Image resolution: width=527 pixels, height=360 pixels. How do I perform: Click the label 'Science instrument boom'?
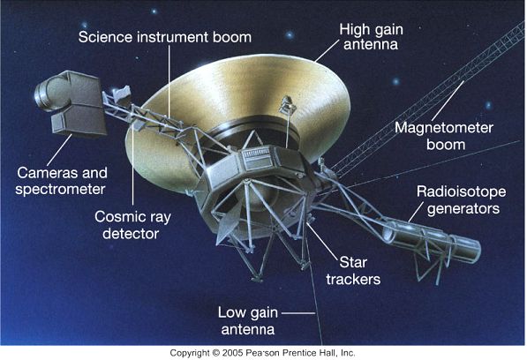[x=165, y=37]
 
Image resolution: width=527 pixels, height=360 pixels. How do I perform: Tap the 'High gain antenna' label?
[x=371, y=37]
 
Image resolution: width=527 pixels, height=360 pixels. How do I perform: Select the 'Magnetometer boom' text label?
[x=444, y=136]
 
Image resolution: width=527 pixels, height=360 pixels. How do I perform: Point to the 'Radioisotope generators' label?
[x=461, y=200]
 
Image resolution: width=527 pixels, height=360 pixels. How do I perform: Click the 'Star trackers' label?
[x=353, y=271]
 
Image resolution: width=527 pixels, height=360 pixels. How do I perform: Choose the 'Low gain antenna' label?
[x=248, y=320]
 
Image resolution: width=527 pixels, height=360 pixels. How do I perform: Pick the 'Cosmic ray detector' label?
[x=132, y=225]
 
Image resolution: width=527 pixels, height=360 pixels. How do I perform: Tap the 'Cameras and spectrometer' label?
[x=62, y=181]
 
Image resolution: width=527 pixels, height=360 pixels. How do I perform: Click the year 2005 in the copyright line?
[x=232, y=353]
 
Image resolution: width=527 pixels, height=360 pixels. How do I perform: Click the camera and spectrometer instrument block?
[x=72, y=102]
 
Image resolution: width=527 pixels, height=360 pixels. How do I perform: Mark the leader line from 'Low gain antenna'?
[x=298, y=313]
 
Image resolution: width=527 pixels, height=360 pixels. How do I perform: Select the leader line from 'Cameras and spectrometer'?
[x=59, y=150]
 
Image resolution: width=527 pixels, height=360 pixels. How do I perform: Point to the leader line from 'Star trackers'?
[x=322, y=241]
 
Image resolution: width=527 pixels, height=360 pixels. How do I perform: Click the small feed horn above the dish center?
[x=287, y=105]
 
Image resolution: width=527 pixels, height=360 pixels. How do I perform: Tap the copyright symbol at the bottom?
[x=215, y=353]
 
